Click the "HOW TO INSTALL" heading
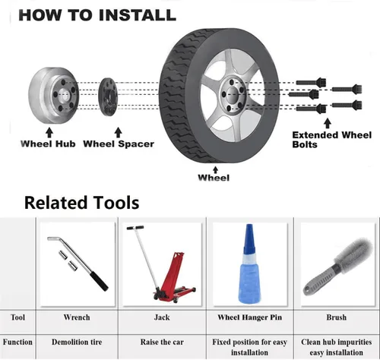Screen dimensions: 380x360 click(97, 15)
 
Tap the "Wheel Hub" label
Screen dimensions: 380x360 click(48, 144)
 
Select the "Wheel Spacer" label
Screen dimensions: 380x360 click(119, 144)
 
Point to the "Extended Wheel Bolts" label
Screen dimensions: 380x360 click(331, 140)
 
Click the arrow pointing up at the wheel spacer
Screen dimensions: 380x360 click(118, 132)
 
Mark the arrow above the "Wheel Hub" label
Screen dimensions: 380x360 click(49, 132)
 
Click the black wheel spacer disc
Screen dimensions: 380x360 click(108, 97)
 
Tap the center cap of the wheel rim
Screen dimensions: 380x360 click(232, 95)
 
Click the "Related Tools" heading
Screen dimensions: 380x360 click(82, 203)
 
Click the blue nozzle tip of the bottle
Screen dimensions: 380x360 click(249, 238)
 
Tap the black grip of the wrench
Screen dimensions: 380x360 click(100, 281)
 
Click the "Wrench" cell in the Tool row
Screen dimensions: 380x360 click(77, 317)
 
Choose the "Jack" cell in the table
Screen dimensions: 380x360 click(162, 317)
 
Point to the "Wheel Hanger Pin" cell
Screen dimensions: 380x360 click(250, 317)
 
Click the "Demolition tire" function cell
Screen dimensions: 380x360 click(77, 342)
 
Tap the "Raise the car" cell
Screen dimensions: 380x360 click(162, 342)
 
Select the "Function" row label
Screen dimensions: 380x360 click(17, 342)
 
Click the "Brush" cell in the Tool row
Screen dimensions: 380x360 click(336, 317)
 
